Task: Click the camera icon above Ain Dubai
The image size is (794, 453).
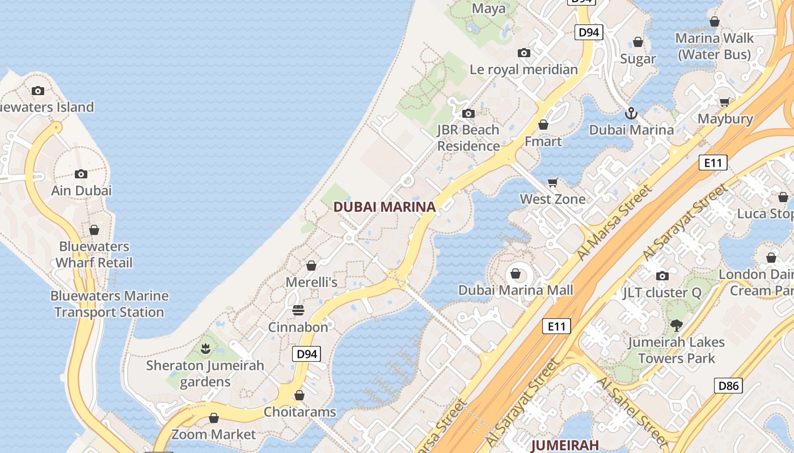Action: tap(81, 174)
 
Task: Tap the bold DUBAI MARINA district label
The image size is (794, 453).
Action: tap(385, 207)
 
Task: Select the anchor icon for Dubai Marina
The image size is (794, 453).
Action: tap(631, 113)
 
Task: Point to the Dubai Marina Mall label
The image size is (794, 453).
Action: tap(516, 290)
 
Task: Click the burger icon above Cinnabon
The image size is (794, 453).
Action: tap(298, 310)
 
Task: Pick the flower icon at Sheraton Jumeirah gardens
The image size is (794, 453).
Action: tap(205, 348)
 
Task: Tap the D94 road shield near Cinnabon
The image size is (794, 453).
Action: tap(306, 354)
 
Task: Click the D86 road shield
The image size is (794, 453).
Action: tap(729, 386)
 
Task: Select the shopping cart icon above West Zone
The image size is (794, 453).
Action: tap(553, 182)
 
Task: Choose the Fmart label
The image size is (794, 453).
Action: tap(543, 142)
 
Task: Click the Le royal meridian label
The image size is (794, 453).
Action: tap(523, 70)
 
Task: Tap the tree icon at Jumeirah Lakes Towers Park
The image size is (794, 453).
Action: tap(676, 326)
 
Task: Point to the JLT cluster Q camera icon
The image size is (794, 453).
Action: tap(662, 276)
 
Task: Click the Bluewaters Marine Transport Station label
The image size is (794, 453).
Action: tap(109, 304)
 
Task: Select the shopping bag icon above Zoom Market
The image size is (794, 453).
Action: tap(214, 418)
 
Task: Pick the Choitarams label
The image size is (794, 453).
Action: tap(300, 412)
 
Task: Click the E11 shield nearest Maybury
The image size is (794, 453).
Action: tap(713, 163)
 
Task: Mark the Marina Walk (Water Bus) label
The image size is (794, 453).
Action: tap(715, 46)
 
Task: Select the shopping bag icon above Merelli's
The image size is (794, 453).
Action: tap(311, 266)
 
